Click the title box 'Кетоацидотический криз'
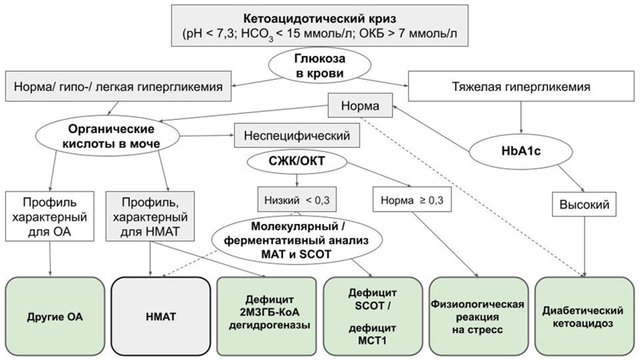click(319, 26)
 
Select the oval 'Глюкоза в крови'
click(319, 66)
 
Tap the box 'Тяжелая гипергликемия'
click(521, 86)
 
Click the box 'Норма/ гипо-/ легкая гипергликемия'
click(118, 86)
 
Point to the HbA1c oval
click(521, 151)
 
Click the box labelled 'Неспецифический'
click(297, 135)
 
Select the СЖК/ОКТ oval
click(297, 161)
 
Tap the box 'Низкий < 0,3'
click(297, 200)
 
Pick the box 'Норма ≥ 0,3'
click(412, 200)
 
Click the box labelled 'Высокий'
click(584, 204)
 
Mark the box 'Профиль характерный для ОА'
click(49, 216)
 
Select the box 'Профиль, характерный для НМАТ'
click(150, 216)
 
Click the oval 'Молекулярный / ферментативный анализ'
click(297, 240)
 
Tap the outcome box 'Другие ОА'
click(55, 316)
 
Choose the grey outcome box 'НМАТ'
click(161, 316)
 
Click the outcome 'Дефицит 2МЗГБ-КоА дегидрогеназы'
click(267, 316)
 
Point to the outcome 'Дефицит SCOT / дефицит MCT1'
click(373, 316)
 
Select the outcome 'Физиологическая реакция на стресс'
click(478, 316)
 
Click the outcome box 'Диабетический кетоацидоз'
click(585, 316)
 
